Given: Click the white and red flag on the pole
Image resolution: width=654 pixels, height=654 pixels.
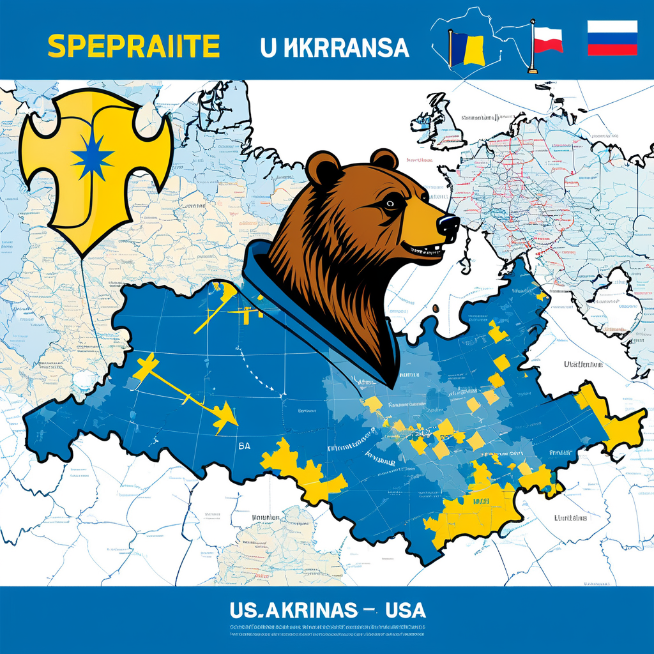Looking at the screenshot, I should click(x=547, y=39).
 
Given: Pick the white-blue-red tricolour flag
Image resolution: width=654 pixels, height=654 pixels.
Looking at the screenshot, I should click(x=612, y=38).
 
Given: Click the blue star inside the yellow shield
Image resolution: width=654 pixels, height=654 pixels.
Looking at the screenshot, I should click(x=93, y=156).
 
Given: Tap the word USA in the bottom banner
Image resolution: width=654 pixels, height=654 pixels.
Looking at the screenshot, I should click(x=405, y=610).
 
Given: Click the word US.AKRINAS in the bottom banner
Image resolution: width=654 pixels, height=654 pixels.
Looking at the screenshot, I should click(x=293, y=611).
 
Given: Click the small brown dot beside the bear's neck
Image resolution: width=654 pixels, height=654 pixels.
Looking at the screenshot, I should click(x=436, y=308).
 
